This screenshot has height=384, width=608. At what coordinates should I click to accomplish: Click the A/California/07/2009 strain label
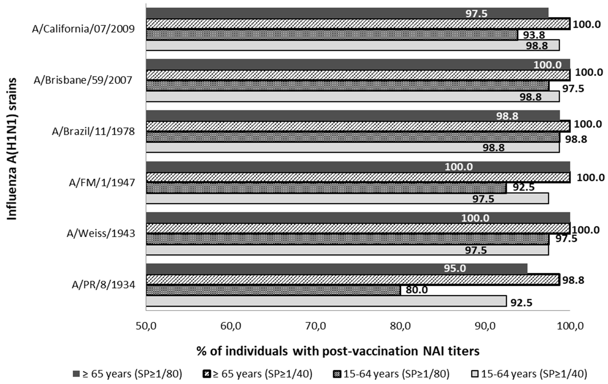(x=83, y=29)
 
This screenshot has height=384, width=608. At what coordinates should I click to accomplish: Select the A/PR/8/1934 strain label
(x=103, y=285)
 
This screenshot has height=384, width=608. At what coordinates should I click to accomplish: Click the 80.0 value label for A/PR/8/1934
(x=417, y=290)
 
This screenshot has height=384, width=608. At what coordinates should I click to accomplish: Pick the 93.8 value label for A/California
(x=534, y=35)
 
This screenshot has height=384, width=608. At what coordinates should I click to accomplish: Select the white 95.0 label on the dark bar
(x=455, y=268)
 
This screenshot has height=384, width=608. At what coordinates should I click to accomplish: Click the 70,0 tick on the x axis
(x=316, y=326)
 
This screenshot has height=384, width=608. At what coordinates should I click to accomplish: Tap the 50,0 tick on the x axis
(x=146, y=326)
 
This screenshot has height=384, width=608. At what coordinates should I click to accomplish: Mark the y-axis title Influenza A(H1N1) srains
(x=12, y=149)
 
